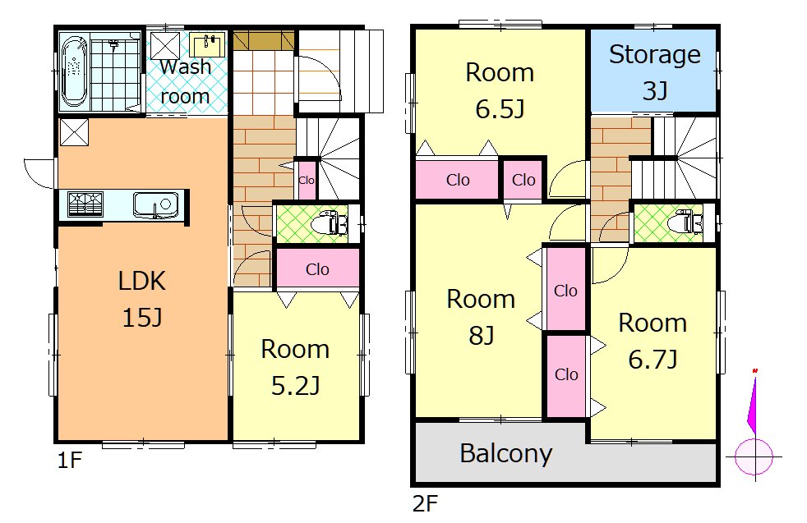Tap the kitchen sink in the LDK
[156, 204]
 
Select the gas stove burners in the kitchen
[85, 204]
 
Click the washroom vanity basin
[207, 44]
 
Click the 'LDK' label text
[142, 281]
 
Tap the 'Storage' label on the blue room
[655, 54]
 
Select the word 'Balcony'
[506, 453]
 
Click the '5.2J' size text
[295, 385]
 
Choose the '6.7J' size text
[653, 359]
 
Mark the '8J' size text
[482, 335]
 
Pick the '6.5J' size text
[500, 108]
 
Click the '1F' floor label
[70, 461]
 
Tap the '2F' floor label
[425, 504]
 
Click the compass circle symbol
[754, 456]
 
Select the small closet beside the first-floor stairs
[307, 180]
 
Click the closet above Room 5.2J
[317, 268]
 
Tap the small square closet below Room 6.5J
[523, 180]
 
